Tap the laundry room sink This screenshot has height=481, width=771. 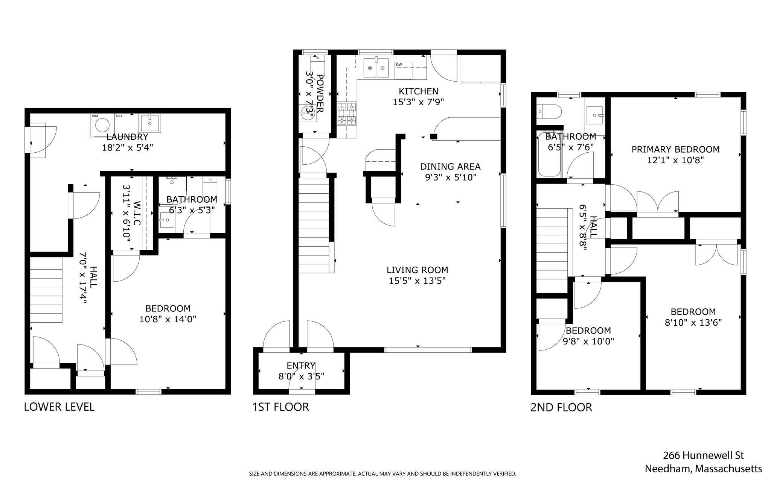[150, 123]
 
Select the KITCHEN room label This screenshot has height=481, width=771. [418, 91]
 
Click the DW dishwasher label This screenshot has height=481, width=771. [399, 65]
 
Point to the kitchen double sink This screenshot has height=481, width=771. [376, 68]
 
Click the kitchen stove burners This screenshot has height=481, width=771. [347, 114]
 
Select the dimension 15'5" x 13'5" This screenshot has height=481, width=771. [417, 281]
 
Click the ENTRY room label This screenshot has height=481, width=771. [301, 366]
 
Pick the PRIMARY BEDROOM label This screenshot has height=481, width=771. [675, 150]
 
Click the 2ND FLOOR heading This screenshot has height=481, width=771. [561, 407]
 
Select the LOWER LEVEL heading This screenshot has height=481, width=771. [59, 407]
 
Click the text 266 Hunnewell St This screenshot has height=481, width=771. [703, 455]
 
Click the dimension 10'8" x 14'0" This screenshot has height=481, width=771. [168, 319]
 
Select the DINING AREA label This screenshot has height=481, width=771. [450, 167]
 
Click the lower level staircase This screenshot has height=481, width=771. [46, 290]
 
